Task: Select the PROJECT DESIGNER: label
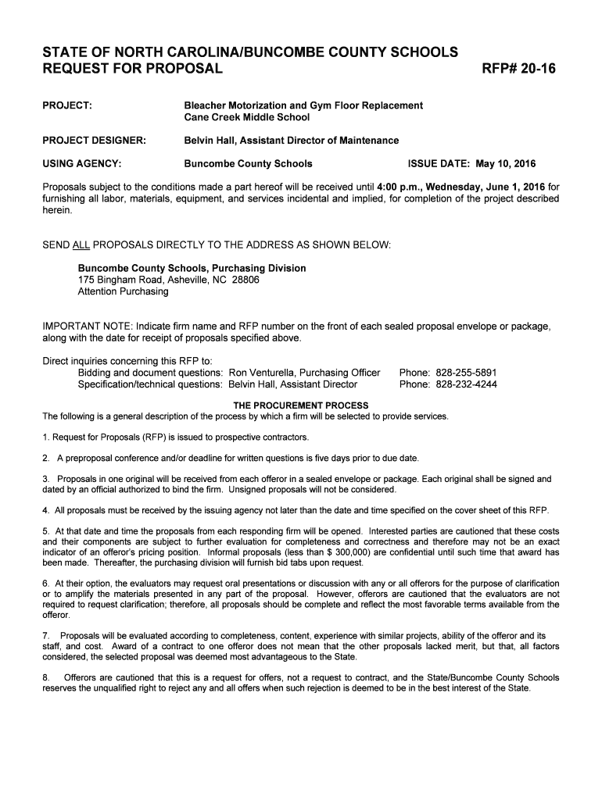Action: (95, 141)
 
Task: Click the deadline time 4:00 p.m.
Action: (399, 187)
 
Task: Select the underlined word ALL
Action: (81, 245)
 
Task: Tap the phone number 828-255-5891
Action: (466, 373)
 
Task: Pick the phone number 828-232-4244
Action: (466, 384)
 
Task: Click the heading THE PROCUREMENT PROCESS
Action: (302, 405)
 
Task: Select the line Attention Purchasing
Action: (123, 291)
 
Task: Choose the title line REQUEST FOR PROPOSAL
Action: (133, 69)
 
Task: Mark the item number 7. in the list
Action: (46, 635)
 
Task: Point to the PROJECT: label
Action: (67, 105)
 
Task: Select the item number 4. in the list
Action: (46, 510)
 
